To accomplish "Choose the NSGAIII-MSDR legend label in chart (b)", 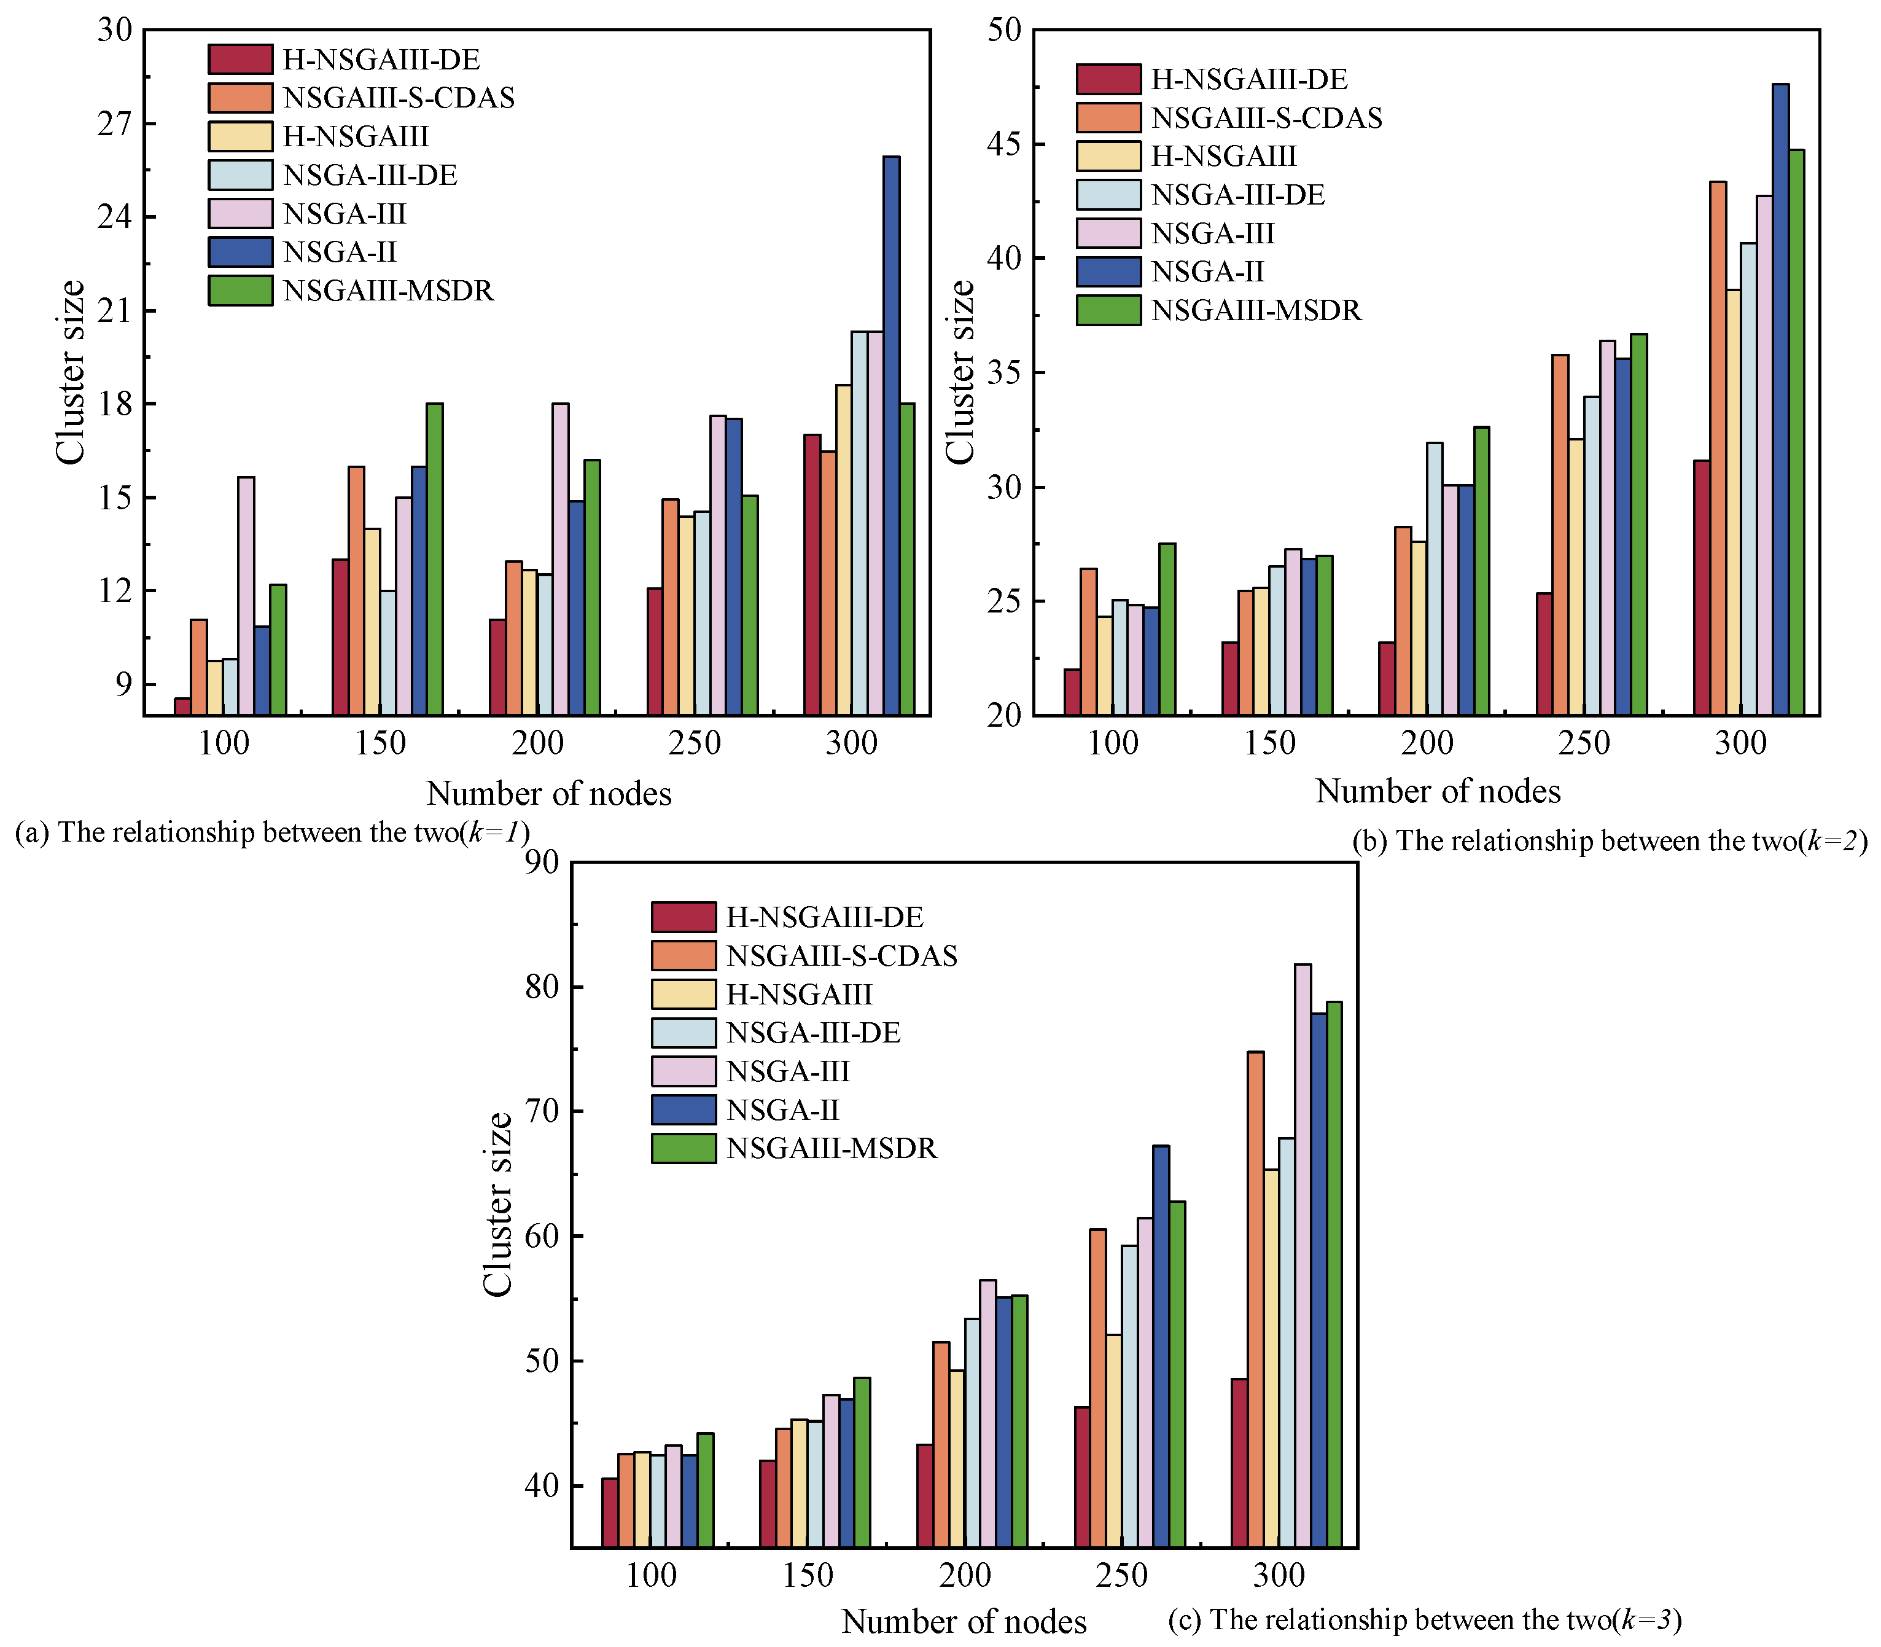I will point(1256,311).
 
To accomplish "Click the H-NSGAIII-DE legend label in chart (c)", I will point(824,917).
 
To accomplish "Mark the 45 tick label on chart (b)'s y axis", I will point(1003,144).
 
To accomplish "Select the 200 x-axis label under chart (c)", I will point(965,1576).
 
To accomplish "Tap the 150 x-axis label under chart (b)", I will point(1270,743).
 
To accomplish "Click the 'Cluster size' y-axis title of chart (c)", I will point(497,1204).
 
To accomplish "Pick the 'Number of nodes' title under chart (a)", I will point(548,793).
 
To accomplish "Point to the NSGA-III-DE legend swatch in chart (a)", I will point(240,174).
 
